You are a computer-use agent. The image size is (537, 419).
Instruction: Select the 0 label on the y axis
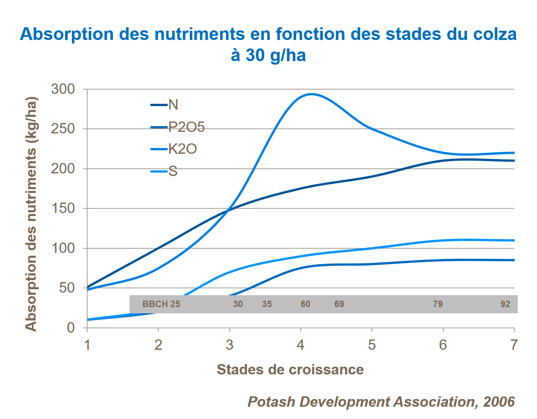pyautogui.click(x=71, y=328)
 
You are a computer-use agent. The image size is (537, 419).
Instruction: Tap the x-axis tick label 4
pyautogui.click(x=300, y=345)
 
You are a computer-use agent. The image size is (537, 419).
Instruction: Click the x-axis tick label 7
pyautogui.click(x=514, y=345)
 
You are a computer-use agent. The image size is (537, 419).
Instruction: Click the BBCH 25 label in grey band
pyautogui.click(x=161, y=304)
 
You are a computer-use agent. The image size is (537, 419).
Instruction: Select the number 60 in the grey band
pyautogui.click(x=305, y=304)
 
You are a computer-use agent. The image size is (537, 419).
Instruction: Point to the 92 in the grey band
pyautogui.click(x=505, y=304)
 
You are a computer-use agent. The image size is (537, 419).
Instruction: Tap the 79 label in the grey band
pyautogui.click(x=438, y=304)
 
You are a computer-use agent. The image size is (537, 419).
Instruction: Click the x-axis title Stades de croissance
pyautogui.click(x=290, y=369)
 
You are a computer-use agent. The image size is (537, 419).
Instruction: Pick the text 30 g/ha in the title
pyautogui.click(x=275, y=55)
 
